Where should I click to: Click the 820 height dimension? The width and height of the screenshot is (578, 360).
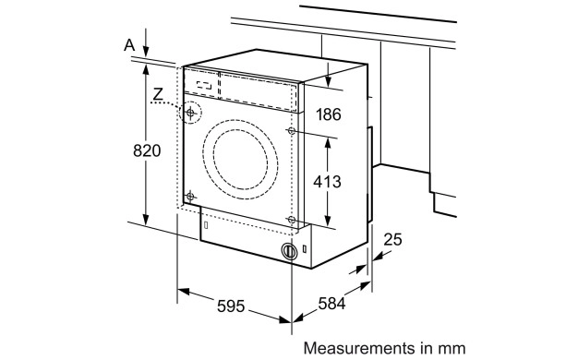147,150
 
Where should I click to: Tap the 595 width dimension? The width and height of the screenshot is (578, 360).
231,306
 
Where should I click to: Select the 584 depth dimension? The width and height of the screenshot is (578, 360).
331,304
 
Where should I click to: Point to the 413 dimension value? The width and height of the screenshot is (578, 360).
327,182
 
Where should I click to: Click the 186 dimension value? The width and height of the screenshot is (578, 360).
329,114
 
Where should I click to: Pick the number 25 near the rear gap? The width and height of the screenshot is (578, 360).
392,239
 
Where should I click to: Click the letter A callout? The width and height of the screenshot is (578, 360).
129,45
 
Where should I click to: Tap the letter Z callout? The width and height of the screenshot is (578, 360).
158,94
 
